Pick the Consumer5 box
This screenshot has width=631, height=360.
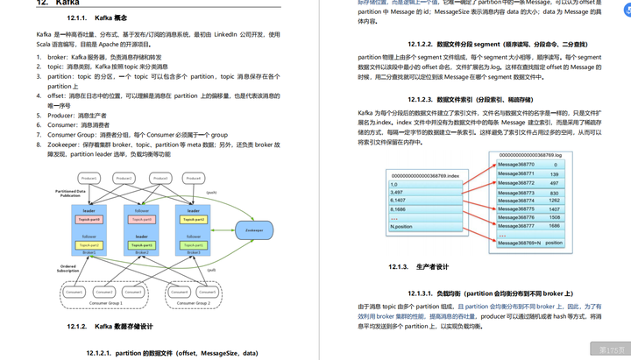coord(204,292)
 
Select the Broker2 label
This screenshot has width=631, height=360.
coord(141,251)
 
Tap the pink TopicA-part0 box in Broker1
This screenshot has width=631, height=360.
coord(89,219)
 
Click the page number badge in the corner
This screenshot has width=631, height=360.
coord(610,348)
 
